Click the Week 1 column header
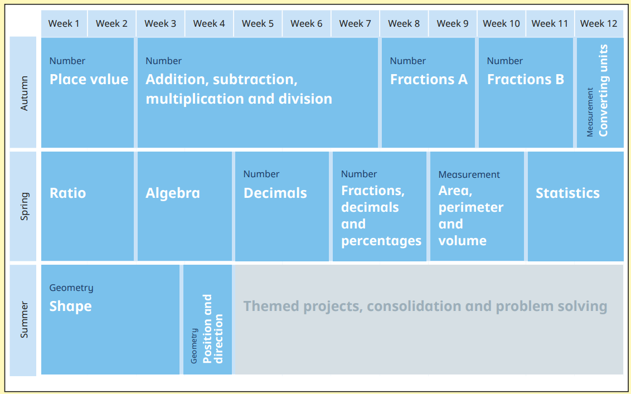click(x=64, y=24)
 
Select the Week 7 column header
click(x=355, y=24)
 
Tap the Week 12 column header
click(x=599, y=24)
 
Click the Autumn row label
click(x=25, y=93)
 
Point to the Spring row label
click(x=25, y=206)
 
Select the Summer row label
click(x=25, y=319)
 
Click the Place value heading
click(x=89, y=79)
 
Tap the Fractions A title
click(x=429, y=79)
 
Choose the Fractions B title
click(x=526, y=79)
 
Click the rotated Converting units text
click(x=603, y=90)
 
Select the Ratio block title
click(x=67, y=193)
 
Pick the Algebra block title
click(x=173, y=193)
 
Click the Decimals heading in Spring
click(x=275, y=193)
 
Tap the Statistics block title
click(x=567, y=193)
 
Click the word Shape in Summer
click(x=70, y=307)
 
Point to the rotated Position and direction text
click(x=212, y=329)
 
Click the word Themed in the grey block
click(x=271, y=307)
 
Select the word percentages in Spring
click(x=381, y=241)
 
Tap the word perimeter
click(x=471, y=208)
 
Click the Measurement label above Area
click(x=469, y=174)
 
